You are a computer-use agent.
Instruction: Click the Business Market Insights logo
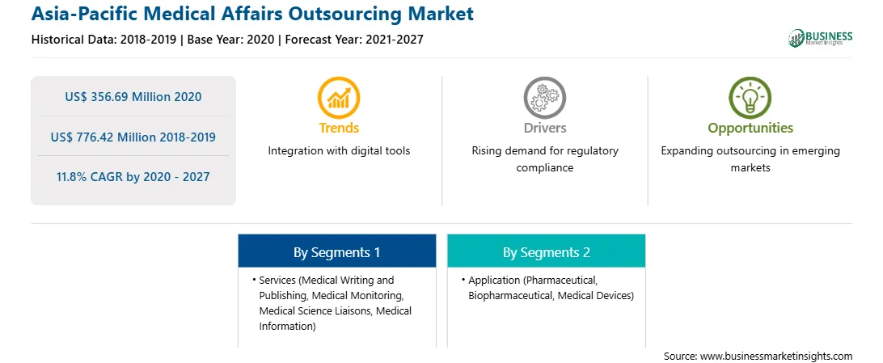click(x=821, y=38)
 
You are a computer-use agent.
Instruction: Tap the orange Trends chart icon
click(x=339, y=98)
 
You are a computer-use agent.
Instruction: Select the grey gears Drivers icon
click(x=544, y=98)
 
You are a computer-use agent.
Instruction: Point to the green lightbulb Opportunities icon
click(x=750, y=98)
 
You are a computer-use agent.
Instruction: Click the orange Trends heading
click(x=339, y=128)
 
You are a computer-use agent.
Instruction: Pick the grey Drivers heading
click(x=544, y=128)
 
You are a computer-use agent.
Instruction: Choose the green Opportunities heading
click(x=750, y=129)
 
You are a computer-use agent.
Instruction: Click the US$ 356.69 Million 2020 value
click(x=133, y=97)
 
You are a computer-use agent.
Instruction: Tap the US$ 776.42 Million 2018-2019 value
click(x=133, y=137)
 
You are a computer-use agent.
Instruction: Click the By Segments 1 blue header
click(x=336, y=251)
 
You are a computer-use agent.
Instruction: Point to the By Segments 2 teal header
click(x=547, y=251)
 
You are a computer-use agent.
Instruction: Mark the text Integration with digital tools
click(x=339, y=151)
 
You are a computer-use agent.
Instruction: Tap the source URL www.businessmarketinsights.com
click(x=776, y=357)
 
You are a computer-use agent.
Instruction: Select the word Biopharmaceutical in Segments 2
click(x=510, y=295)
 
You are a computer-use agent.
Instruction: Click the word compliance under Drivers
click(x=544, y=168)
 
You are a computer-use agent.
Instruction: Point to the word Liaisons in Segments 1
click(x=353, y=310)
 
